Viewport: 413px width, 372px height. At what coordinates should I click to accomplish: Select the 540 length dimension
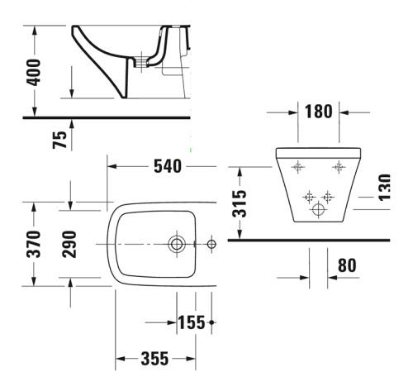[x=167, y=166]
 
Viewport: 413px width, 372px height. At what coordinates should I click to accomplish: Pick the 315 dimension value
[x=240, y=202]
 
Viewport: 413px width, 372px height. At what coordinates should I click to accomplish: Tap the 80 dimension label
[x=347, y=266]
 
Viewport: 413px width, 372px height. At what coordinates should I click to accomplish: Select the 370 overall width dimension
[x=34, y=244]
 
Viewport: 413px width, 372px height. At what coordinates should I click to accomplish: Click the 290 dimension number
[x=69, y=244]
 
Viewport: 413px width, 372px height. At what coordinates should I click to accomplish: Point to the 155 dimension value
[x=191, y=322]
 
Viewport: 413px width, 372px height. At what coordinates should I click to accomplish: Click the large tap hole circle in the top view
[x=176, y=244]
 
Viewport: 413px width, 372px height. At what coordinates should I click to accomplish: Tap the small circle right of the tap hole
[x=211, y=244]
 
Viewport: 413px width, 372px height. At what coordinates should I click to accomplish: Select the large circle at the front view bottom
[x=318, y=210]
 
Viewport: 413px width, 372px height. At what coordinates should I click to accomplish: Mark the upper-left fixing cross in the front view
[x=297, y=167]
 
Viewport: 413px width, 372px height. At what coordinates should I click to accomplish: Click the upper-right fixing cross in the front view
[x=338, y=167]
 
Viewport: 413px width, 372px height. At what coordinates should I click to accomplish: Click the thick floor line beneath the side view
[x=107, y=118]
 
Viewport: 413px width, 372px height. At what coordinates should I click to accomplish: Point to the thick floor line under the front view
[x=314, y=241]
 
